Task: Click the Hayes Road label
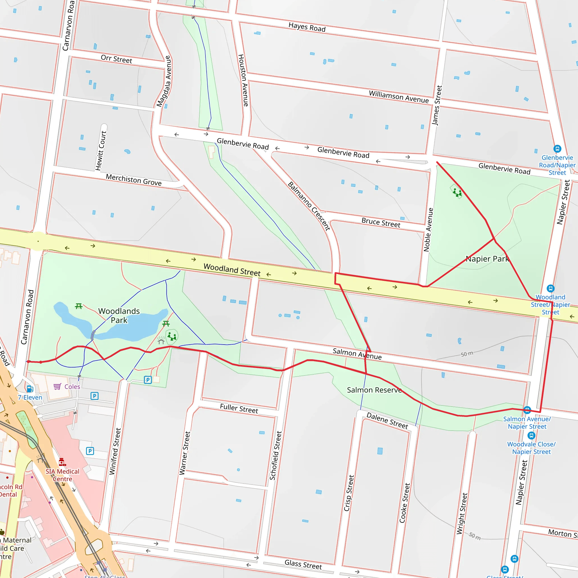click(x=307, y=27)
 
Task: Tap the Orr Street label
click(x=116, y=59)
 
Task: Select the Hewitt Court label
click(x=101, y=150)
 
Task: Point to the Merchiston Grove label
click(x=133, y=180)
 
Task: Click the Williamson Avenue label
click(x=399, y=97)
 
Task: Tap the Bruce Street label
click(x=380, y=223)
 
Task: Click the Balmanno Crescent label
click(x=309, y=206)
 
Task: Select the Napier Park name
click(x=487, y=259)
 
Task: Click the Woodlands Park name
click(x=119, y=316)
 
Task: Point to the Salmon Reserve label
click(x=374, y=390)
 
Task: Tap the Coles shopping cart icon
click(x=57, y=387)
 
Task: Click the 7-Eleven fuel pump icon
click(x=30, y=389)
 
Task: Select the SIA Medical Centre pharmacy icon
click(x=62, y=462)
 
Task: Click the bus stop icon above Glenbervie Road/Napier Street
click(x=557, y=149)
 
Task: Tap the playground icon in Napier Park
click(x=457, y=192)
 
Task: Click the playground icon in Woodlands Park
click(x=172, y=336)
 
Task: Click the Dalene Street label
click(x=387, y=420)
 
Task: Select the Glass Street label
click(x=303, y=564)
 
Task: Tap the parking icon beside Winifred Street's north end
click(x=148, y=380)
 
